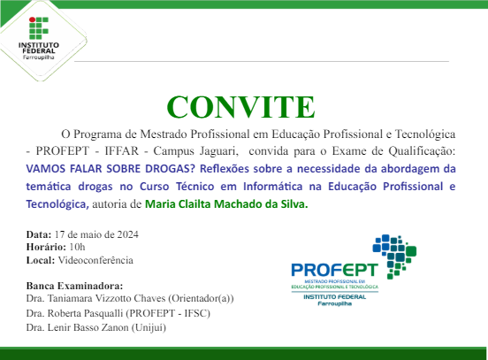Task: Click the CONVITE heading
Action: click(x=240, y=106)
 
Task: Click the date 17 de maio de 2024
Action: click(x=96, y=234)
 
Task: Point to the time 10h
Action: click(x=76, y=248)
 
